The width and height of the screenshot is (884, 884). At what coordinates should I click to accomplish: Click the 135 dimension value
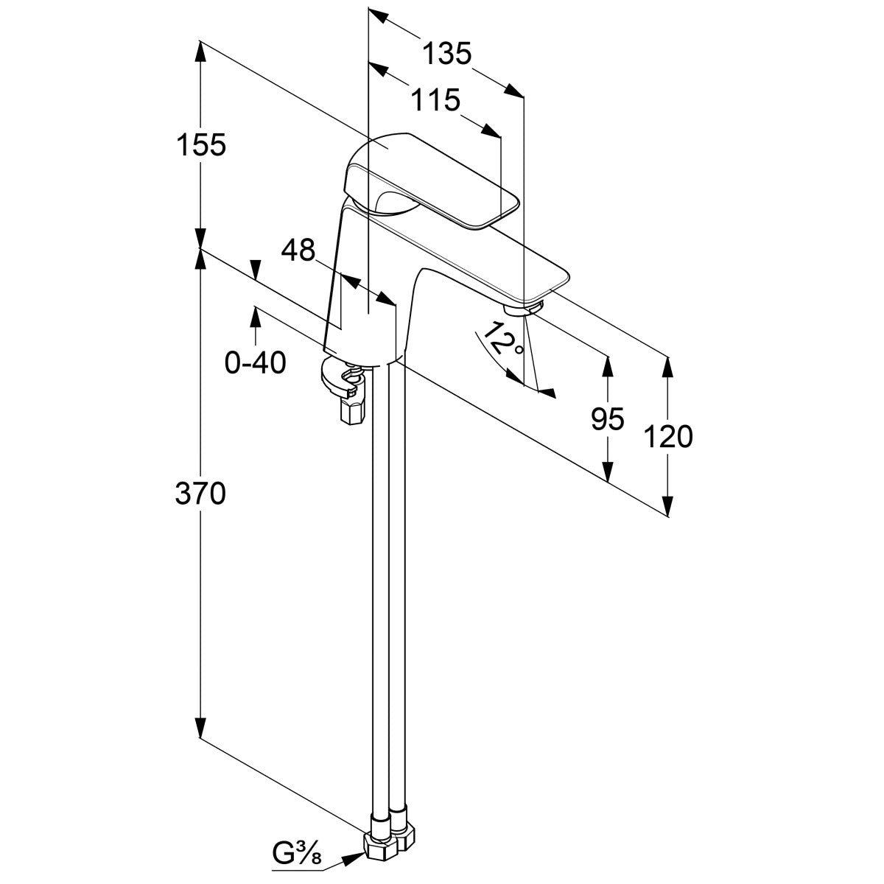click(446, 54)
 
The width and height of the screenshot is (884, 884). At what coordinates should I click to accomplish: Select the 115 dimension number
click(435, 99)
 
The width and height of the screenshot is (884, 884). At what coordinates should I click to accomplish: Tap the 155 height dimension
click(200, 144)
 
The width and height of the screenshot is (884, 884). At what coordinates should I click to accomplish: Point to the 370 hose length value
click(200, 493)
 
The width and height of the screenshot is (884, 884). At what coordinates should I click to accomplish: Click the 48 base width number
click(298, 251)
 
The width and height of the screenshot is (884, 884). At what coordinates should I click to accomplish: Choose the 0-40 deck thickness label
click(255, 363)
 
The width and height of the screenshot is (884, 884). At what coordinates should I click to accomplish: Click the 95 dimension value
click(608, 419)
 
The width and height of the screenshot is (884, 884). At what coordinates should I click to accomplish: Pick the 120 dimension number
click(668, 438)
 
